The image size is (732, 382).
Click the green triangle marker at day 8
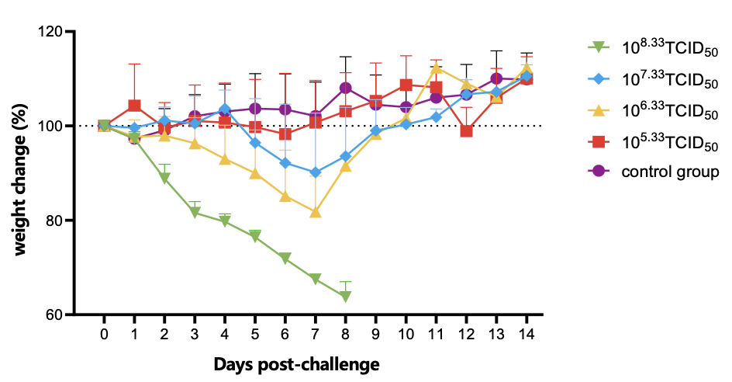(x=345, y=297)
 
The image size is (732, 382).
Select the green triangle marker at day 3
(x=195, y=213)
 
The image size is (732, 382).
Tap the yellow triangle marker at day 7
(x=316, y=211)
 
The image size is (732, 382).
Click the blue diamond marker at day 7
(x=316, y=172)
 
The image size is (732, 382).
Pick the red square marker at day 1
(x=135, y=106)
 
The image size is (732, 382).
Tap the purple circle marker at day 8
(x=346, y=88)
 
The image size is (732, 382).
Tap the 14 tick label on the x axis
(x=526, y=333)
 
